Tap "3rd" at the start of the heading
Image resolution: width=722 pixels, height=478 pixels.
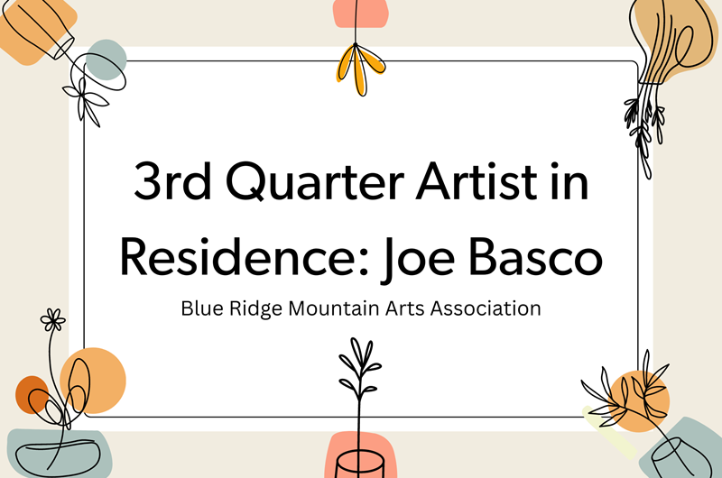(171, 184)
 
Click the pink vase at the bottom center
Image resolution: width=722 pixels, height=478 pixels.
(361, 456)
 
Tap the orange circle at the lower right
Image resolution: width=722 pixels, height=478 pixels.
(643, 397)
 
